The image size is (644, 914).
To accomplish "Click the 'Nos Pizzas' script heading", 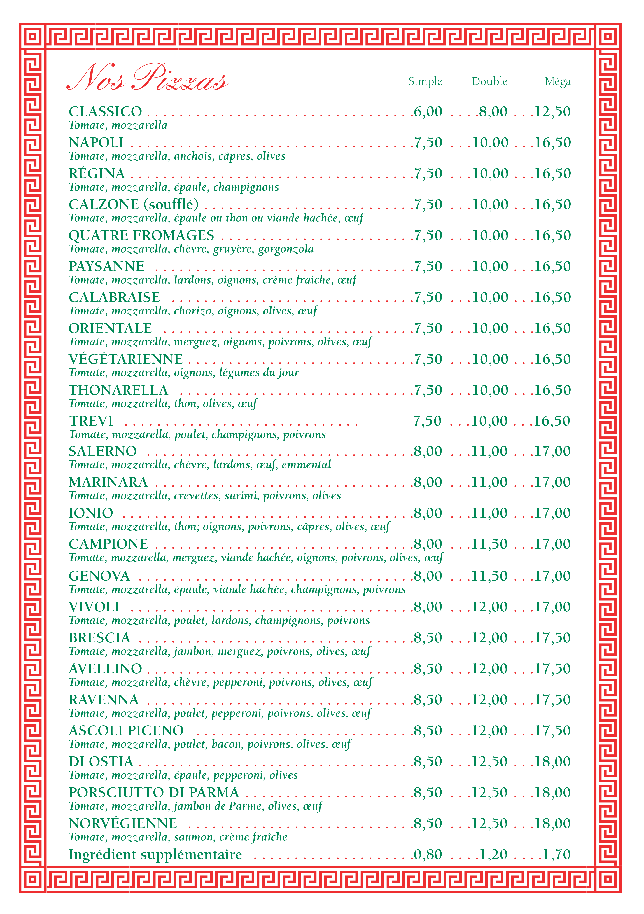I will pyautogui.click(x=147, y=78).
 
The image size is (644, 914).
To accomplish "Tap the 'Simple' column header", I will pyautogui.click(x=425, y=82).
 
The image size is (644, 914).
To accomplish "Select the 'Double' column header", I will pyautogui.click(x=490, y=82).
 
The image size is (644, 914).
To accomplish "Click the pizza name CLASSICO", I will pyautogui.click(x=106, y=112).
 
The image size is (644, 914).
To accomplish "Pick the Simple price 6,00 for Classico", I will pyautogui.click(x=428, y=112).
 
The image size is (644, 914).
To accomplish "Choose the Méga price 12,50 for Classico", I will pyautogui.click(x=552, y=112).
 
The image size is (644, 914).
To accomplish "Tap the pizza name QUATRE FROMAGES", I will pyautogui.click(x=141, y=236).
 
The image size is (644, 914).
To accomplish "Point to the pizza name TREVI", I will pyautogui.click(x=91, y=421).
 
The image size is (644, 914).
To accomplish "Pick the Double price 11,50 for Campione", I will pyautogui.click(x=490, y=544).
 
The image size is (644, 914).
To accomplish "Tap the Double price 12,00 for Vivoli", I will pyautogui.click(x=490, y=607).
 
